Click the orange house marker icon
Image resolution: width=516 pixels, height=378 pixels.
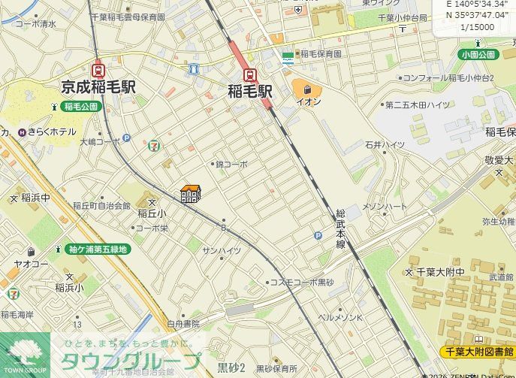click(x=190, y=194)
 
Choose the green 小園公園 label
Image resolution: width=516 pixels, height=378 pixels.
click(x=479, y=55)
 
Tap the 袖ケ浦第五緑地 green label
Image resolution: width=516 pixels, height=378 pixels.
click(x=98, y=249)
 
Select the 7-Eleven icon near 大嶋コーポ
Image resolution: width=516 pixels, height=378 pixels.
click(x=154, y=143)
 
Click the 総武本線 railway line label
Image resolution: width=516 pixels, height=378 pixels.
click(x=340, y=229)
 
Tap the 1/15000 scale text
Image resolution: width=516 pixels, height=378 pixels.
click(x=477, y=27)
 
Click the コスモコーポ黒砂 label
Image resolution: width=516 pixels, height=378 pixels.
click(x=305, y=283)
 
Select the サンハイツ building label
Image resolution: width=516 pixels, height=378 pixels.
click(x=222, y=250)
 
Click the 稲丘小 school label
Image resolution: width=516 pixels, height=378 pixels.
click(x=152, y=214)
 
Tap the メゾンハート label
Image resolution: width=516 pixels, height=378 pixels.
click(x=385, y=207)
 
